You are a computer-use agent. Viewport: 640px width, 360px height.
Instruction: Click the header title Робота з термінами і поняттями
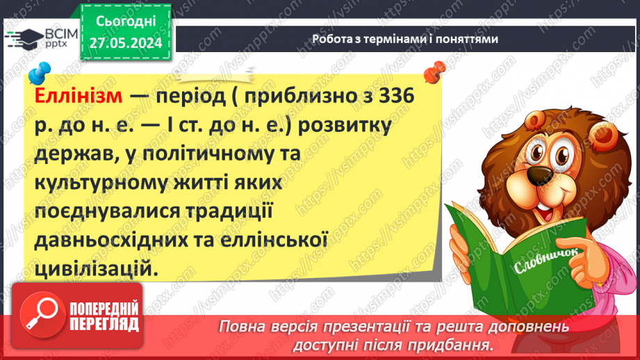tap(404, 39)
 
